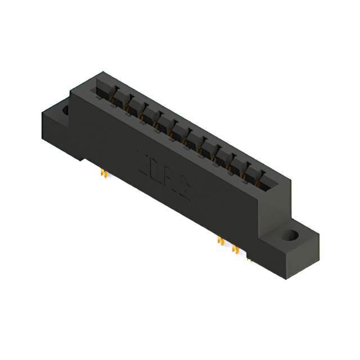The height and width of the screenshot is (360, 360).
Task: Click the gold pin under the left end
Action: (103, 174)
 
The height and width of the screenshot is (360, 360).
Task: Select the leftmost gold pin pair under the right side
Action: (221, 240)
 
